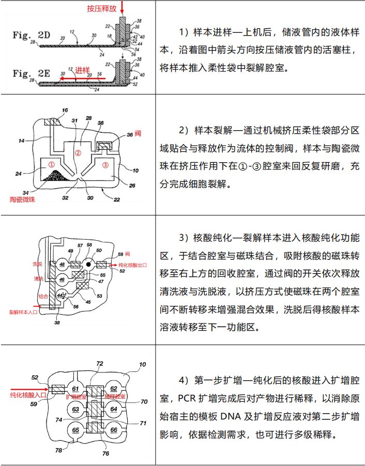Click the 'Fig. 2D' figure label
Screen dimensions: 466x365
[32, 36]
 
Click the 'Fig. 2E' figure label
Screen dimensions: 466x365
[32, 73]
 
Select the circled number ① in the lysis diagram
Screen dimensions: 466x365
[51, 164]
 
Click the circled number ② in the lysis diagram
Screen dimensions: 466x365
[78, 153]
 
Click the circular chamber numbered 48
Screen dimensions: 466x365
[62, 265]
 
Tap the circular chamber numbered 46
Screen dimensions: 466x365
[62, 279]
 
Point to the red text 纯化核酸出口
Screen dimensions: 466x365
[130, 265]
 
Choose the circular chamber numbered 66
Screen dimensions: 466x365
[114, 429]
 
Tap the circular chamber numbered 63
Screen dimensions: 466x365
[75, 409]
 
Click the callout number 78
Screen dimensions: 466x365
[59, 450]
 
